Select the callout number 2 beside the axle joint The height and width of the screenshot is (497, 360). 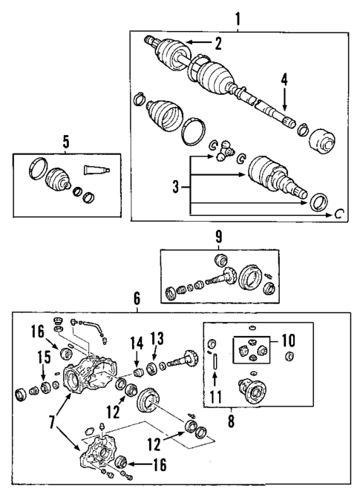pyautogui.click(x=218, y=43)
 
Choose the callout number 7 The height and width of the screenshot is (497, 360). pyautogui.click(x=50, y=422)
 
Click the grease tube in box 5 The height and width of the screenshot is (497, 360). pyautogui.click(x=96, y=168)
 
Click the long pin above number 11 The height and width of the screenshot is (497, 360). pyautogui.click(x=214, y=365)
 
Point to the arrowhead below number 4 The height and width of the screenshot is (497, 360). pyautogui.click(x=283, y=111)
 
